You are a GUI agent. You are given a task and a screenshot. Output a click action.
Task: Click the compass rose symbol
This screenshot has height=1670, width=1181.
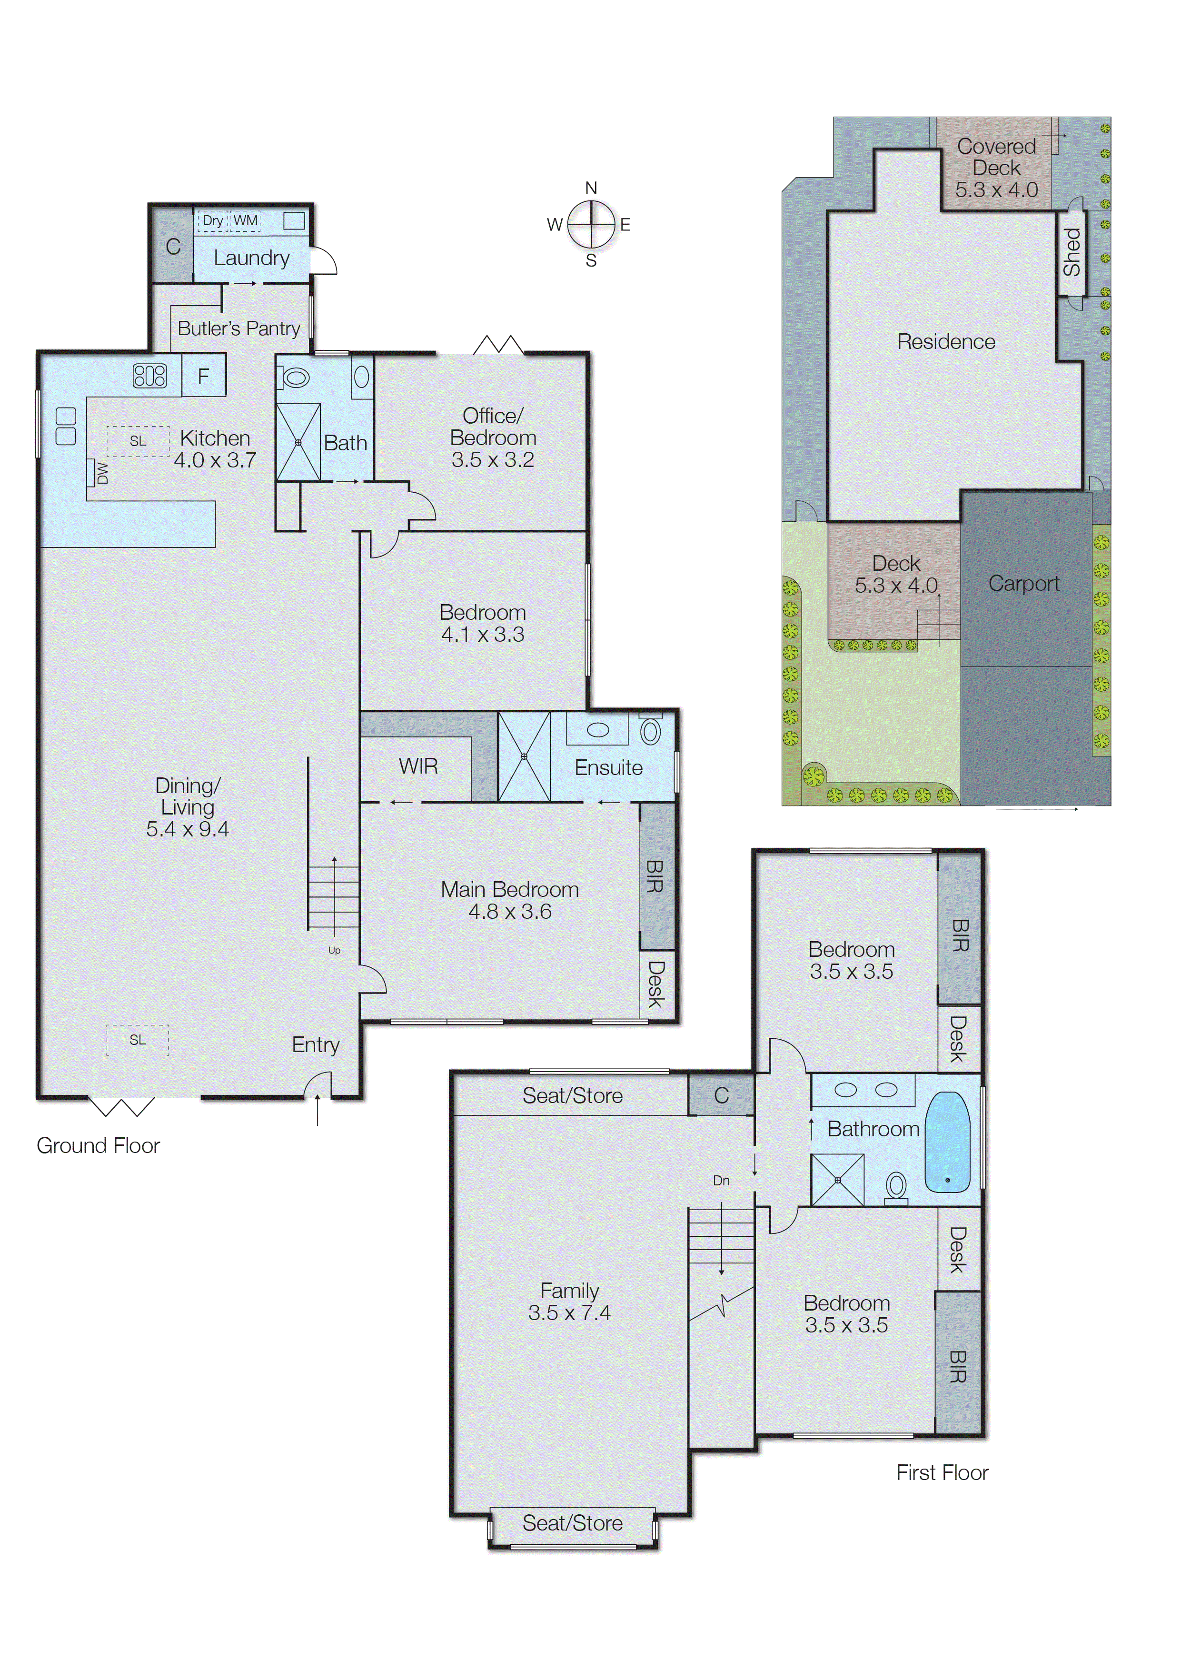tap(591, 224)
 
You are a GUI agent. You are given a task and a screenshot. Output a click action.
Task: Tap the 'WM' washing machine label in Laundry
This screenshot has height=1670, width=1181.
tap(246, 220)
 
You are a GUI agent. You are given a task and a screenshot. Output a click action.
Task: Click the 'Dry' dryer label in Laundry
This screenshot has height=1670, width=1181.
tap(212, 220)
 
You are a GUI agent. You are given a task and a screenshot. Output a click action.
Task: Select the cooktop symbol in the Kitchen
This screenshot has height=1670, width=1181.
tap(150, 375)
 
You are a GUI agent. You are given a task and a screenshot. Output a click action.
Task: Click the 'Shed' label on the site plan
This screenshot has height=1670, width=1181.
tap(1072, 252)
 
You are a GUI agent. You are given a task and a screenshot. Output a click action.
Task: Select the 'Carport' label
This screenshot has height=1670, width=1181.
tap(1024, 583)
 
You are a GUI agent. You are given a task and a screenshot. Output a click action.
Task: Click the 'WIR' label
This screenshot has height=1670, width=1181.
tap(418, 766)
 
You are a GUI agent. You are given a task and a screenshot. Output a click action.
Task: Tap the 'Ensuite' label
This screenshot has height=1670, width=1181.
tap(609, 767)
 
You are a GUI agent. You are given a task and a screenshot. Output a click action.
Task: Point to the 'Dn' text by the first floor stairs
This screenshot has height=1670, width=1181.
tap(721, 1181)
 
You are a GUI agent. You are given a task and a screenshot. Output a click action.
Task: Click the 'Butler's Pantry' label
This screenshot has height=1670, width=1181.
tap(238, 329)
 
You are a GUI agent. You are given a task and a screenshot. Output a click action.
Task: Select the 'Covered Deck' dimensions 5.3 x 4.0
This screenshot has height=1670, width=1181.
tap(996, 190)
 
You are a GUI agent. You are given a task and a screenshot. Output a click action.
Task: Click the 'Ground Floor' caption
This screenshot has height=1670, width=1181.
tap(98, 1145)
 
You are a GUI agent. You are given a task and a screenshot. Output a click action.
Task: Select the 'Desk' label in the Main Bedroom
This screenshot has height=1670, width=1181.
tap(656, 984)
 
